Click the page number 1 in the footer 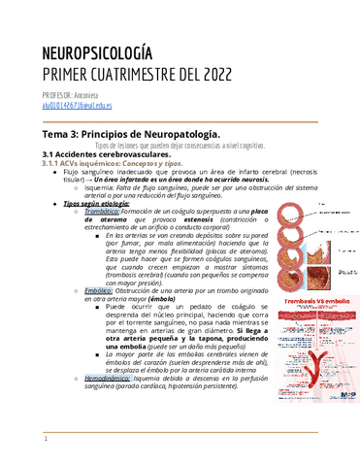(45, 440)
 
